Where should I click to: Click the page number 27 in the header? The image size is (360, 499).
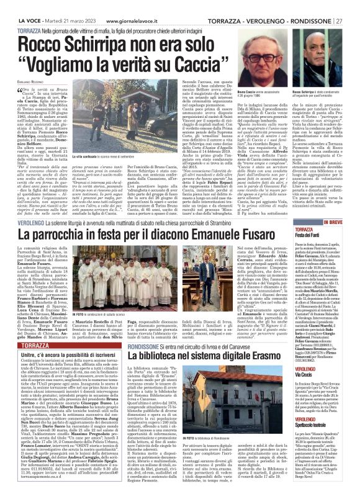click(351, 6)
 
